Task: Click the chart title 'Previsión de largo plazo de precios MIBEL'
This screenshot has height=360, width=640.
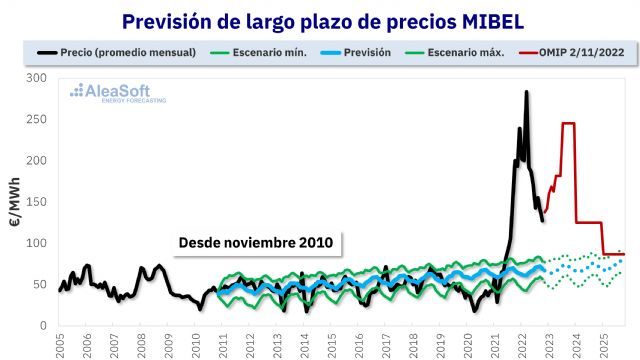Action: pos(320,20)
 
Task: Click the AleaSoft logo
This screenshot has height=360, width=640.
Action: pos(117,94)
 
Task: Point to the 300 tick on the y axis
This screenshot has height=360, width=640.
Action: pos(38,77)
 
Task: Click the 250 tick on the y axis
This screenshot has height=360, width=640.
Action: pos(38,119)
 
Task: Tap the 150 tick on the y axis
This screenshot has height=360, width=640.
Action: pos(38,202)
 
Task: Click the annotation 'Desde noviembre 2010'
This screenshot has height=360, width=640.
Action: pos(256,243)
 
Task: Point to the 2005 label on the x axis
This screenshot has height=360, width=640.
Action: pos(60,345)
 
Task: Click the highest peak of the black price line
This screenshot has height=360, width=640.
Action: pos(526,92)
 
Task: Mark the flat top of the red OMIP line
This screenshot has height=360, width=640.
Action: pos(568,123)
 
